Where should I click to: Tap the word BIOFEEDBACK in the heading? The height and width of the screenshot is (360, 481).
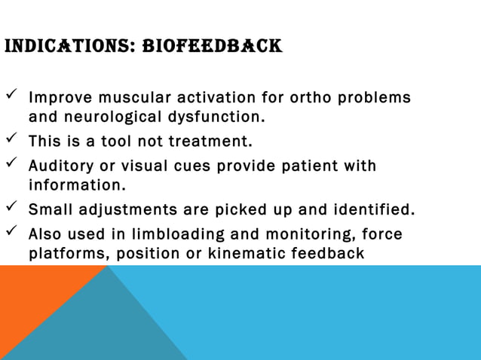pos(212,48)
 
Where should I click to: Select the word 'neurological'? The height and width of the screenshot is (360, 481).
pos(108,117)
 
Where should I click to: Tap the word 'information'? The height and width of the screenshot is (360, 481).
pos(73,185)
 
